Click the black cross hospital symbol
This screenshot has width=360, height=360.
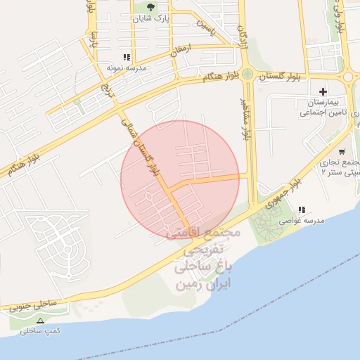[323, 91]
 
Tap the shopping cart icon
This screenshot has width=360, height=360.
[342, 151]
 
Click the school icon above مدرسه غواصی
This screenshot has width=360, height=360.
[302, 210]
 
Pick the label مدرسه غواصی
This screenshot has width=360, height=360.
[302, 221]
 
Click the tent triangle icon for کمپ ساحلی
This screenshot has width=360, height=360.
[40, 321]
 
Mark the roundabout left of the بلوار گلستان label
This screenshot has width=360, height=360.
[247, 73]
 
